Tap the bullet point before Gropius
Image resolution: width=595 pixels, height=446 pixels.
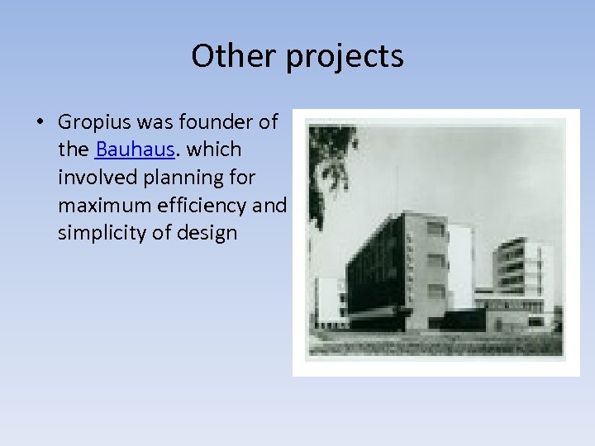tap(40, 123)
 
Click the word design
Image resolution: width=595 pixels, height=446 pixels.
tap(207, 233)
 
